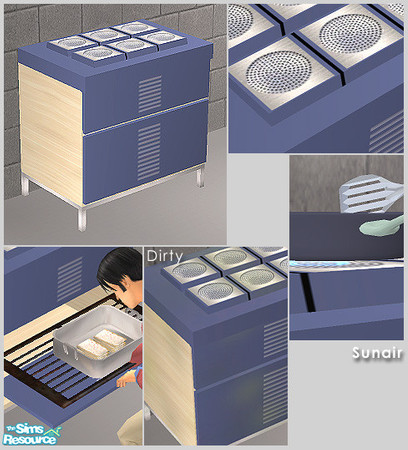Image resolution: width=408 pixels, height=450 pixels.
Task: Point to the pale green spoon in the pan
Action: click(x=378, y=228)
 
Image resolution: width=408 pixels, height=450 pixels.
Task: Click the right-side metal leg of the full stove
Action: click(x=200, y=180)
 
